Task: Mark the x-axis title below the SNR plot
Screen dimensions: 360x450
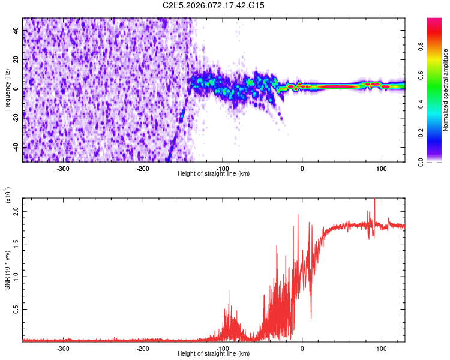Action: pyautogui.click(x=214, y=353)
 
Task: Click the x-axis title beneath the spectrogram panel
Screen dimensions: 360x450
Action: pyautogui.click(x=214, y=173)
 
